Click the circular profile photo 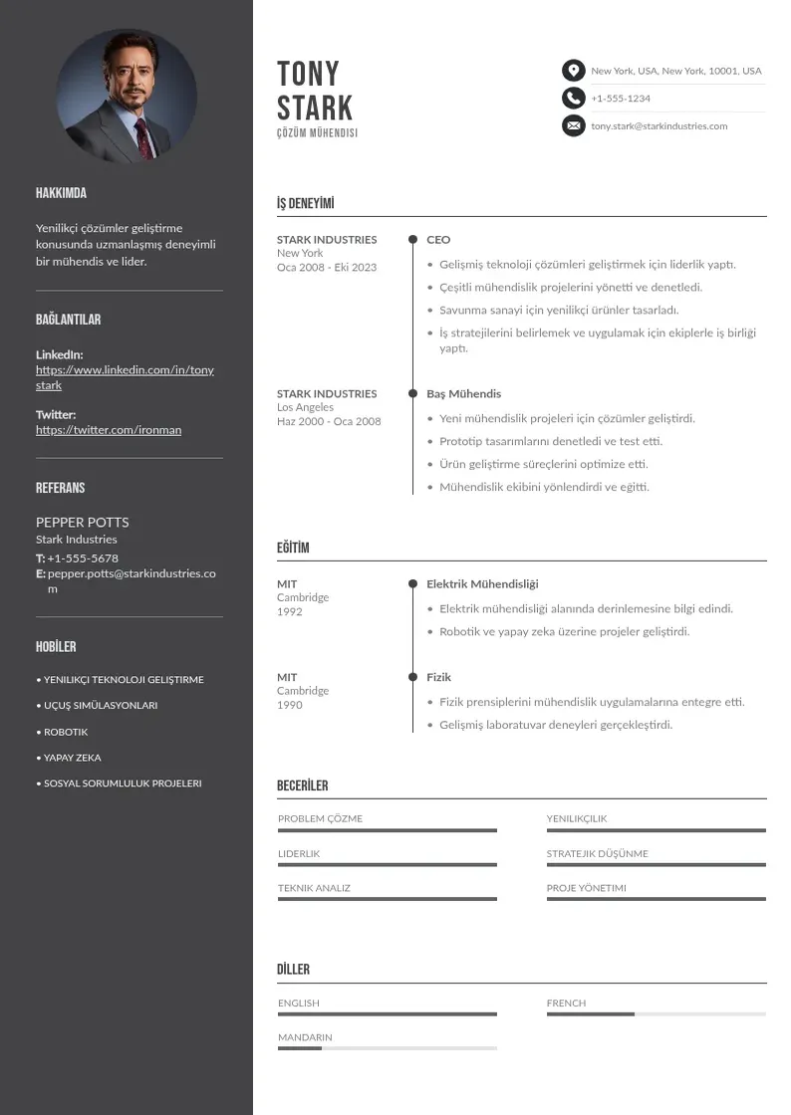point(126,96)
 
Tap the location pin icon point(573,71)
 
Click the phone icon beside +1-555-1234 point(573,98)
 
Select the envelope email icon point(573,125)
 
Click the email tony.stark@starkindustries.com point(659,126)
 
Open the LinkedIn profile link point(125,377)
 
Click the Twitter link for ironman point(109,430)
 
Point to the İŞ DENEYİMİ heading point(306,204)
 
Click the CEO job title point(438,239)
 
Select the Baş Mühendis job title point(463,393)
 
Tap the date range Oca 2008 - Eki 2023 point(327,267)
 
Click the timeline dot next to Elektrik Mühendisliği point(412,583)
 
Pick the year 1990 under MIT point(289,705)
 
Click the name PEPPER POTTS point(82,522)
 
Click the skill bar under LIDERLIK point(387,864)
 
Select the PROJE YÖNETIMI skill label point(586,888)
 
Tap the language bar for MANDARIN point(387,1048)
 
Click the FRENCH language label point(566,1003)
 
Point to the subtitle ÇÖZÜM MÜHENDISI point(317,133)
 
